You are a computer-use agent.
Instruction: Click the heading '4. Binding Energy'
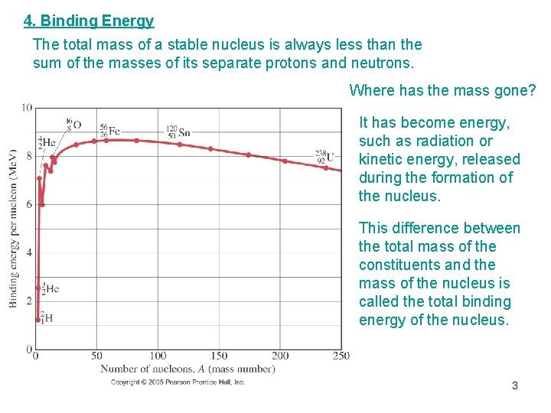[x=89, y=21]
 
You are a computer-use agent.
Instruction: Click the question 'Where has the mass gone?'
[x=442, y=90]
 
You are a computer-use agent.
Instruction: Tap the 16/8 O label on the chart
[x=73, y=124]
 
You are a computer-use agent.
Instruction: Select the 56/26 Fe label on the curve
[x=109, y=131]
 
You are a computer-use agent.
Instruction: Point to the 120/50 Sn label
[x=178, y=132]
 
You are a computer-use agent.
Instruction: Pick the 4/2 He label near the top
[x=47, y=141]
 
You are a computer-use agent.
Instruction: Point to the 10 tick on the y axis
[x=27, y=107]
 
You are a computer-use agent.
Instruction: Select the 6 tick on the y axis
[x=29, y=204]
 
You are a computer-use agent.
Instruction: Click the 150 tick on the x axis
[x=219, y=356]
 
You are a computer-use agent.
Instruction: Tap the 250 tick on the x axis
[x=341, y=356]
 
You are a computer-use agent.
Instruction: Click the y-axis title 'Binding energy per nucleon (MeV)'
[x=13, y=228]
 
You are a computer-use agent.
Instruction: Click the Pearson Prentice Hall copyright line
[x=178, y=382]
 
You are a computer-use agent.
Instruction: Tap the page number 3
[x=515, y=385]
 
